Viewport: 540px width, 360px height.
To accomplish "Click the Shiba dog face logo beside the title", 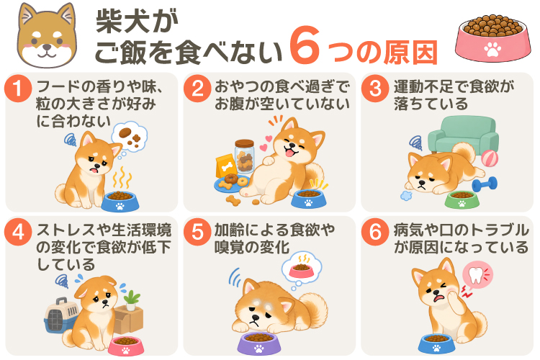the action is point(48,35).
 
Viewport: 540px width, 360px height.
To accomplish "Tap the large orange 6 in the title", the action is point(305,45).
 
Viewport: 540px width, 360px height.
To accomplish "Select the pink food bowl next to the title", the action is point(492,38).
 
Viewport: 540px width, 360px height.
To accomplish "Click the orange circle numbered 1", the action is point(18,88).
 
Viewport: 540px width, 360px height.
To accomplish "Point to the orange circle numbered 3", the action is point(375,88).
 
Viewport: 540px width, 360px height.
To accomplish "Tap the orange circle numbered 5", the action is point(197,232).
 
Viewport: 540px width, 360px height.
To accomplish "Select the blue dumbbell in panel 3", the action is point(485,184).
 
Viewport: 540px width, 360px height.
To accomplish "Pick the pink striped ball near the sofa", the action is point(490,158).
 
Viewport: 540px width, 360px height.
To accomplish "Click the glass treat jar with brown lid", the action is point(245,156).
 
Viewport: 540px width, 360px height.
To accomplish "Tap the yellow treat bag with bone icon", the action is point(226,166).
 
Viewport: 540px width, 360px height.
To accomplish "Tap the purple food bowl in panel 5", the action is point(258,343).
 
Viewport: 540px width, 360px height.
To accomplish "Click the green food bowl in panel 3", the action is point(462,199).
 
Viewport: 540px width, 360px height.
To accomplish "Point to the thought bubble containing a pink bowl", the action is point(302,267).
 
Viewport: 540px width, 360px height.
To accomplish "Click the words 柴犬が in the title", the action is point(137,22).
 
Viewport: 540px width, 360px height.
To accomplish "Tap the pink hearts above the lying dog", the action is point(266,144).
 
